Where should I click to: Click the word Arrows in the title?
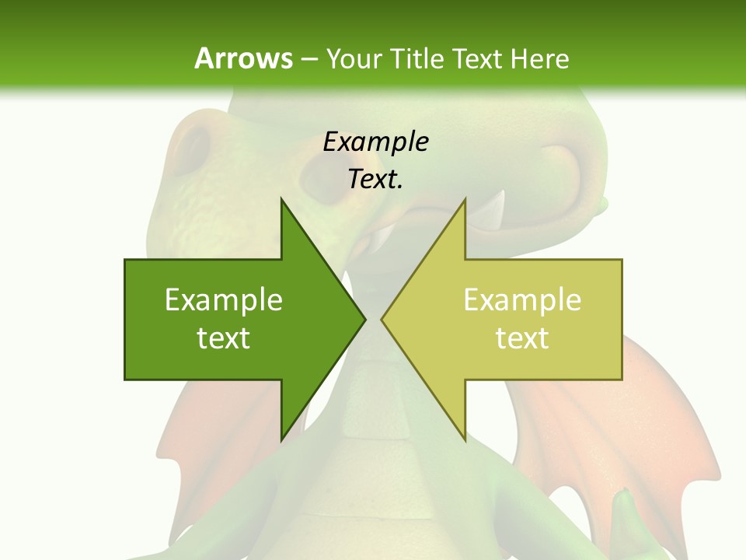point(243,58)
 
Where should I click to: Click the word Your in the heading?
point(351,59)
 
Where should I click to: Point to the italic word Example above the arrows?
point(375,142)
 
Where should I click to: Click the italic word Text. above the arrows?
point(375,180)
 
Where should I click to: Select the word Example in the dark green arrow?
point(224,299)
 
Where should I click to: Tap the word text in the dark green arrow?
point(224,338)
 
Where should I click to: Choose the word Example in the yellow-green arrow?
point(522,299)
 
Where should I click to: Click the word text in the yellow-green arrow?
point(522,338)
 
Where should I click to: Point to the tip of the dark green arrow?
point(365,319)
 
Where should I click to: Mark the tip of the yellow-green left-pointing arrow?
point(382,319)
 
